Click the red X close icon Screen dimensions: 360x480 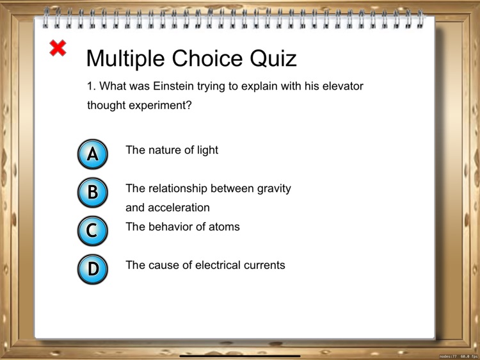click(x=58, y=48)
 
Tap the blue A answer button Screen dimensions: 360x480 click(x=93, y=154)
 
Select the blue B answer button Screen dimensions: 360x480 click(x=93, y=192)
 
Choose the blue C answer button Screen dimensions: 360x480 click(x=93, y=231)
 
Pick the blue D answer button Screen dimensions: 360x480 click(x=93, y=269)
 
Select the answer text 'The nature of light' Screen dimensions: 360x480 click(x=172, y=150)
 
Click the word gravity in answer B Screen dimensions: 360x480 click(x=274, y=189)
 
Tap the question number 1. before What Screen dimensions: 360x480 click(x=91, y=86)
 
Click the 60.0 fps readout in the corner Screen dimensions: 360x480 click(x=469, y=356)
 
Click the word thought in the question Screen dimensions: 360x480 click(x=106, y=106)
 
